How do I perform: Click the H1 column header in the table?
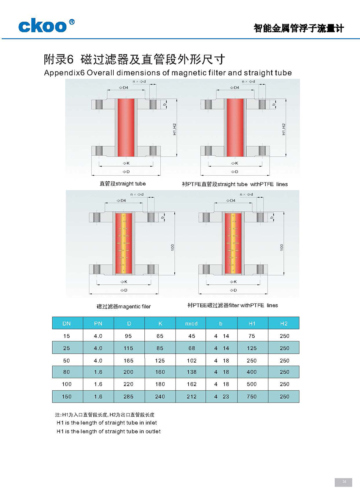point(252,324)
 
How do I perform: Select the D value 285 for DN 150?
point(128,397)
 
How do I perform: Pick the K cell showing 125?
point(160,361)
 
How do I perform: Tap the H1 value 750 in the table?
point(252,397)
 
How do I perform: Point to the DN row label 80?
point(67,372)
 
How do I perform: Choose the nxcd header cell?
point(191,324)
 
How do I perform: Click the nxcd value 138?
point(192,372)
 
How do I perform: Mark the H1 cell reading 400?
point(252,372)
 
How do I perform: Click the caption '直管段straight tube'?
point(122,184)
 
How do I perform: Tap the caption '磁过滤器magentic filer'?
point(124,307)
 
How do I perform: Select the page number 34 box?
point(344,482)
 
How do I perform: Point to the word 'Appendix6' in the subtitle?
point(64,73)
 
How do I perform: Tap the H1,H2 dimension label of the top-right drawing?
point(283,129)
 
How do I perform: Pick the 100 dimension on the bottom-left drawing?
point(173,247)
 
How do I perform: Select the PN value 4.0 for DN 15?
point(98,336)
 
